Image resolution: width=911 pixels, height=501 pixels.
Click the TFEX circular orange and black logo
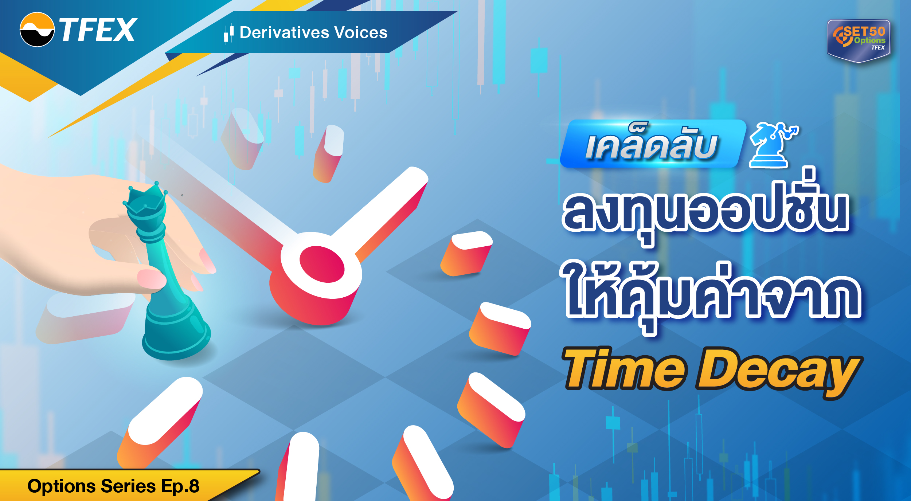(x=37, y=30)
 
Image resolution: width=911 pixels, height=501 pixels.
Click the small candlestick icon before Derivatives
(x=229, y=34)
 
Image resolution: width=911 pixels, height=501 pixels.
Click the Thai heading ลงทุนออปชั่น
(x=705, y=211)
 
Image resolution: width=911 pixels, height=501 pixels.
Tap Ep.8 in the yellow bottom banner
(x=180, y=486)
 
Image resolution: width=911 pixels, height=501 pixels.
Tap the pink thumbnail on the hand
(x=151, y=279)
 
